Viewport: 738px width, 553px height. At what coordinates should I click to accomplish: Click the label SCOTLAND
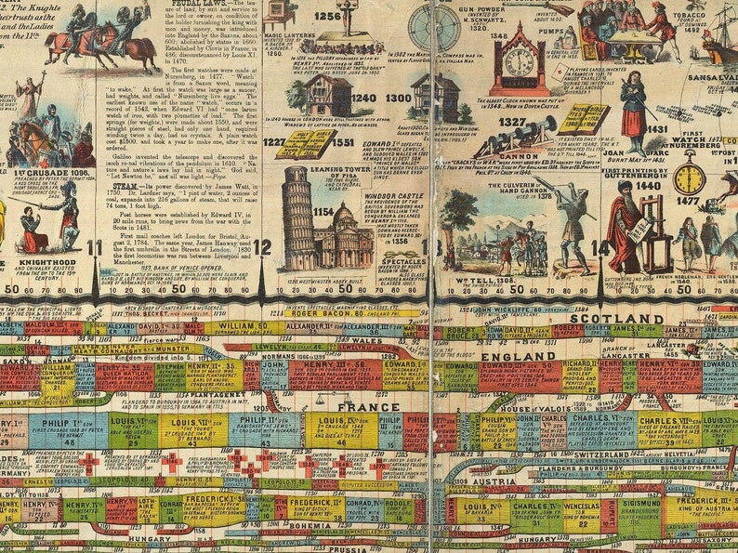coord(605,318)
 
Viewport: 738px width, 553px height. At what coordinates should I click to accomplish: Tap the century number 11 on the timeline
coord(95,247)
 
